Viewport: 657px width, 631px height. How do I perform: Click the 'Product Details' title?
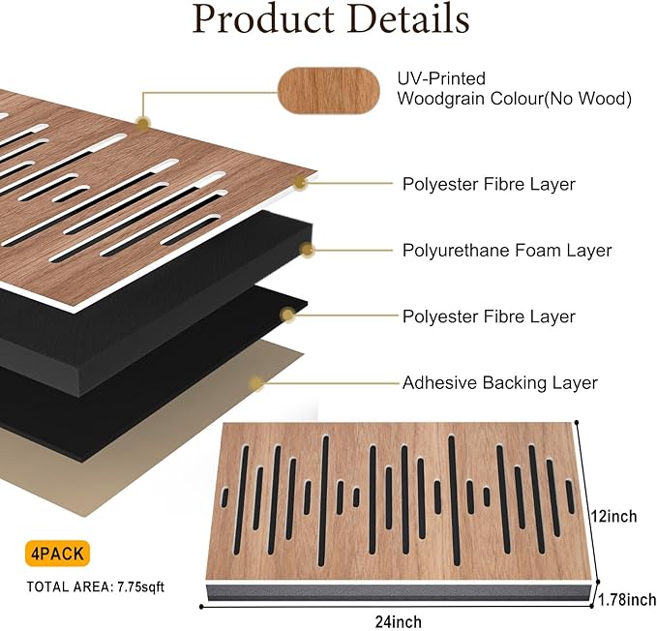click(330, 20)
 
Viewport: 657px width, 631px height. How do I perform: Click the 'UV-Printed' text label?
click(441, 78)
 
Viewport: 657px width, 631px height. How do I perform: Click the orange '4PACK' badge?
click(58, 555)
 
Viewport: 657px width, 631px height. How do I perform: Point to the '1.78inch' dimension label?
click(626, 600)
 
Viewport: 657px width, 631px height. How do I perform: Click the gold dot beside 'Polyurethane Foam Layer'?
click(308, 250)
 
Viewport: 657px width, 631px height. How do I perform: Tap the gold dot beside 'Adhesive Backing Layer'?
click(256, 383)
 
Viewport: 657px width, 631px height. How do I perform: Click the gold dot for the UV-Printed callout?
click(143, 123)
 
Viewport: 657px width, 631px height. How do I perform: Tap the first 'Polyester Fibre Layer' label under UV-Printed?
click(489, 184)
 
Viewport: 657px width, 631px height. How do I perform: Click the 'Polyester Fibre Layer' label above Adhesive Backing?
click(489, 316)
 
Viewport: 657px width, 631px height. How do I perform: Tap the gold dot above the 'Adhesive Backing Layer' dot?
click(286, 315)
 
